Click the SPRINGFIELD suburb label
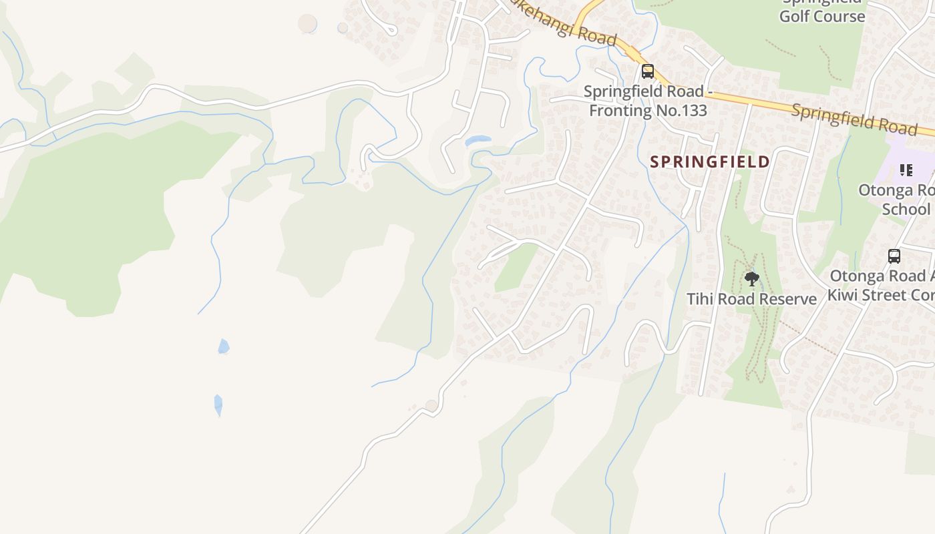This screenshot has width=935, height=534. (710, 162)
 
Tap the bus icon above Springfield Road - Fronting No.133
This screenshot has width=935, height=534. (647, 71)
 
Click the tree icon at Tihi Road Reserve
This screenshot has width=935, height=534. (752, 278)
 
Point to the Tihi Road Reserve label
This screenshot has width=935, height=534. (752, 299)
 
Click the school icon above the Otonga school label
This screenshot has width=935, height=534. (906, 170)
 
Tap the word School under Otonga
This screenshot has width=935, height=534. (906, 209)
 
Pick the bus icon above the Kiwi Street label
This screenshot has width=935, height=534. (894, 256)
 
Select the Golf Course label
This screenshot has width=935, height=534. (822, 17)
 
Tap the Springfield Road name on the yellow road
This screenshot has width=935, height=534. (854, 118)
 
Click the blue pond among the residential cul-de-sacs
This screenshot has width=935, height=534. (478, 141)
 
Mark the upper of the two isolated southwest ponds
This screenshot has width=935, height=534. (224, 346)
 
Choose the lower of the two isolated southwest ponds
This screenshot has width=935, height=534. (218, 405)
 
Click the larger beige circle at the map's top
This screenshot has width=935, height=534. (307, 23)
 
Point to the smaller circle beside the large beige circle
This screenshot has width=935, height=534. (343, 27)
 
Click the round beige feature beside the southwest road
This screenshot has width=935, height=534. (431, 405)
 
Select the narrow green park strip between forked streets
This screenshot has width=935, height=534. (515, 267)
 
